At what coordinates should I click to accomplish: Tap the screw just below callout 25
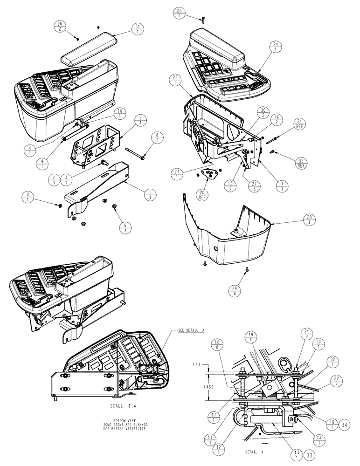point(203,19)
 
